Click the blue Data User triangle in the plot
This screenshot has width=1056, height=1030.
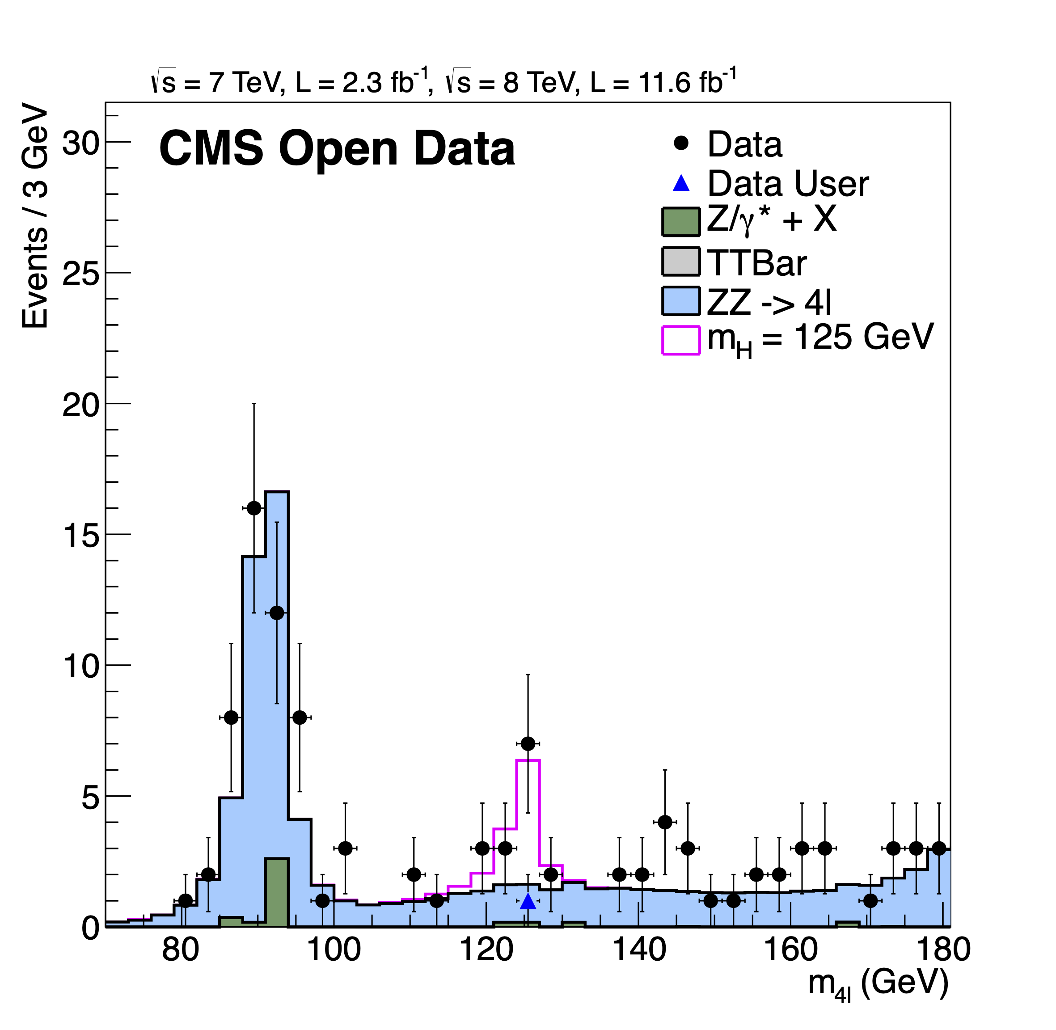[x=528, y=902]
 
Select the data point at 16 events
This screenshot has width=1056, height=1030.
[x=254, y=508]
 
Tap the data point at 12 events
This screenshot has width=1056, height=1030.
[x=276, y=613]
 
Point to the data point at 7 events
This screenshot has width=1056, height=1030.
[x=528, y=744]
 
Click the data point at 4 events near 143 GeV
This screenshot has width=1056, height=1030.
[x=665, y=822]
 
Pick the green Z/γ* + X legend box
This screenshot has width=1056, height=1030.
[x=680, y=222]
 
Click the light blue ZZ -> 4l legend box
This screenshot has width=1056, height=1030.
[x=680, y=301]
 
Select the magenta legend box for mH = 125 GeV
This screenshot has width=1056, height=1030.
[x=680, y=340]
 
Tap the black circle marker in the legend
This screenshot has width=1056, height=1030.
[x=681, y=144]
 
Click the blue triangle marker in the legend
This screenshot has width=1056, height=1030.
[x=681, y=183]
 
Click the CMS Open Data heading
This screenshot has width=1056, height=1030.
[x=337, y=148]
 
